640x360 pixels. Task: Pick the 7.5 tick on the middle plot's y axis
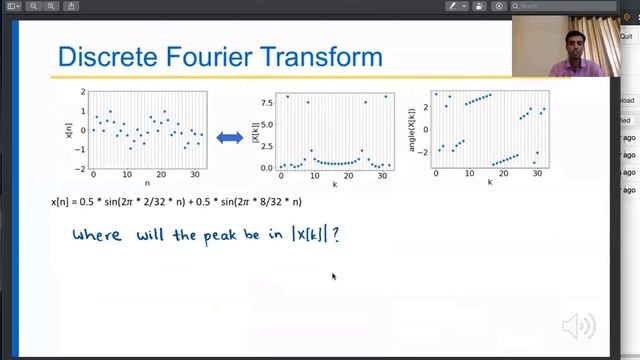click(x=267, y=100)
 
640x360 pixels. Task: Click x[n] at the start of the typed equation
click(x=61, y=202)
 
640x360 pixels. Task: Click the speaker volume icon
click(x=578, y=325)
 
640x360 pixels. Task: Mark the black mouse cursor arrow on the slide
click(x=334, y=277)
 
